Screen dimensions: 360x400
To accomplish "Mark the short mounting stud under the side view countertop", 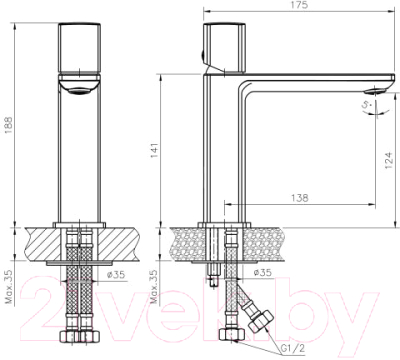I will (x=213, y=270).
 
